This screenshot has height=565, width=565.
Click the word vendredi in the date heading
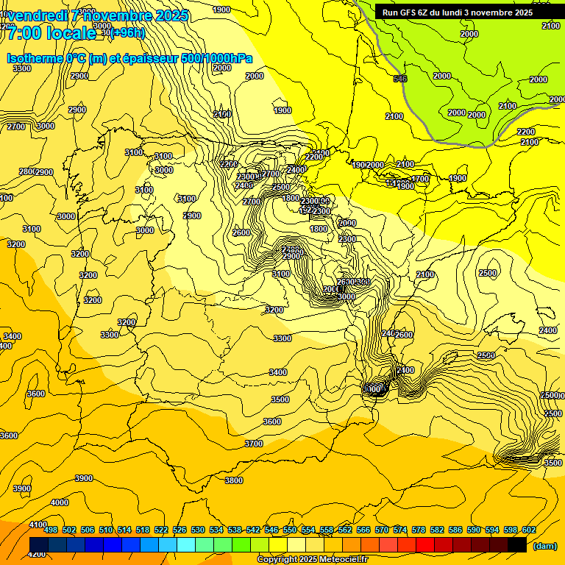[x=43, y=15]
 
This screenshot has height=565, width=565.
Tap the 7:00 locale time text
[x=51, y=33]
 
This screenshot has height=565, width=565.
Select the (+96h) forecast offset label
[x=128, y=33]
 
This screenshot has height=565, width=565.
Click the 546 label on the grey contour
[x=400, y=79]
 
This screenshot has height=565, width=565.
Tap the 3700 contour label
[x=254, y=444]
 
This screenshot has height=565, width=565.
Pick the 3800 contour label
[x=234, y=480]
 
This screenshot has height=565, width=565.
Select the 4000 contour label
[x=60, y=502]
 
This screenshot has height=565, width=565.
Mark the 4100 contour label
[x=38, y=525]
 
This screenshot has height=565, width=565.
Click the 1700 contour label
[x=420, y=179]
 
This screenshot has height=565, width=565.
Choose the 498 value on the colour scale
[x=51, y=530]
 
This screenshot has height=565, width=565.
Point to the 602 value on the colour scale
[x=528, y=530]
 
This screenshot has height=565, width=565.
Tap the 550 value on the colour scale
[x=290, y=530]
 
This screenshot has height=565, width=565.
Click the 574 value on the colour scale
[x=399, y=530]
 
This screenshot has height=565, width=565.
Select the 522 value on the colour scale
[x=161, y=530]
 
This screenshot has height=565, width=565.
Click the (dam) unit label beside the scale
[x=545, y=546]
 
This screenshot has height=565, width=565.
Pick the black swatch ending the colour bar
[x=517, y=544]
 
